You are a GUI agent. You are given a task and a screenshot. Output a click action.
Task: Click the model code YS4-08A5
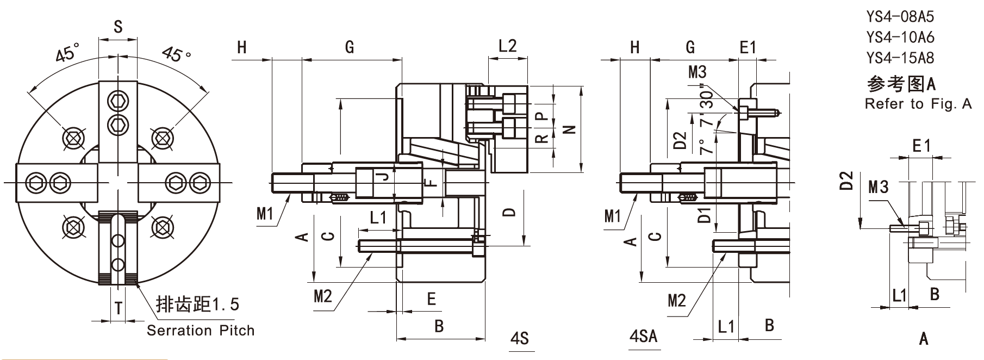click(900, 17)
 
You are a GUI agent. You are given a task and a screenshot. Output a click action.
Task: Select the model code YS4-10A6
click(900, 38)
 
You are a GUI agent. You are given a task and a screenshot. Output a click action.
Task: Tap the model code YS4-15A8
click(900, 58)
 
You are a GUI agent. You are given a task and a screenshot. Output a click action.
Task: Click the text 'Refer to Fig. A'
click(918, 104)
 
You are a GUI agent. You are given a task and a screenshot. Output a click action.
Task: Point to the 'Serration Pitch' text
click(201, 330)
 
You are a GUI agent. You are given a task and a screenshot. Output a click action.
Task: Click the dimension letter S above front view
click(118, 27)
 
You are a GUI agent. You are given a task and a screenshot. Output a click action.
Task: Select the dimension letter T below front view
click(119, 309)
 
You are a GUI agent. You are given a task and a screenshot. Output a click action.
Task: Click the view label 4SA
click(643, 336)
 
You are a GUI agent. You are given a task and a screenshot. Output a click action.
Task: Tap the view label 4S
click(520, 338)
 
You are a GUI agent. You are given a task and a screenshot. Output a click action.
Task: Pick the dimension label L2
click(507, 46)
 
